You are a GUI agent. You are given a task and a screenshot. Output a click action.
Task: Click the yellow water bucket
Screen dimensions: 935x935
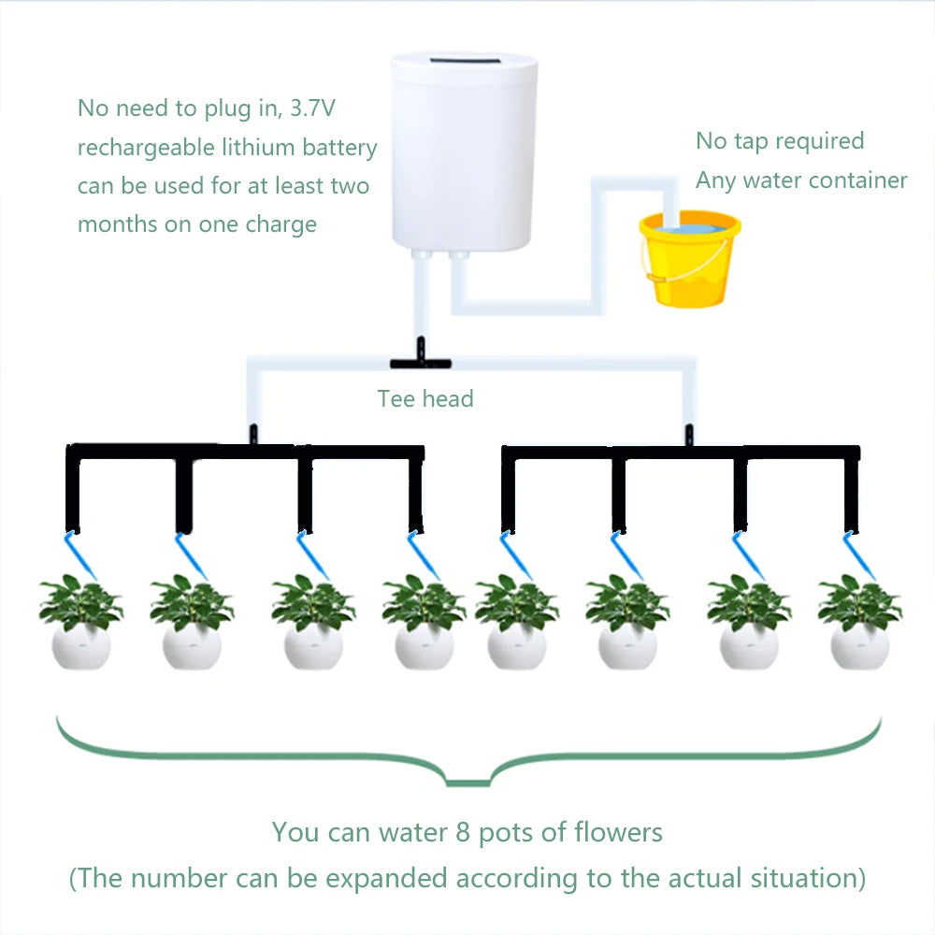pyautogui.click(x=689, y=263)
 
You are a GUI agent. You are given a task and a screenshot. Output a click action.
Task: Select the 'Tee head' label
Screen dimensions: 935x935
pyautogui.click(x=425, y=399)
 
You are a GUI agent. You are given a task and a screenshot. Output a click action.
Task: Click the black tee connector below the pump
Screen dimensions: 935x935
pyautogui.click(x=420, y=360)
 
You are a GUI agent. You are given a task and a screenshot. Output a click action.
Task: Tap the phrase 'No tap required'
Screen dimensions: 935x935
pyautogui.click(x=780, y=141)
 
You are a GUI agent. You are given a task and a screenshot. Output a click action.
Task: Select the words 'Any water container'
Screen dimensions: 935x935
pyautogui.click(x=801, y=180)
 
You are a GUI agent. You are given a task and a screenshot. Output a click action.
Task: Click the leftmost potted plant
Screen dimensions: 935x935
pyautogui.click(x=80, y=625)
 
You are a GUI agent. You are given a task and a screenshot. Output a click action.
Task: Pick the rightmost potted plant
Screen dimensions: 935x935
pyautogui.click(x=859, y=625)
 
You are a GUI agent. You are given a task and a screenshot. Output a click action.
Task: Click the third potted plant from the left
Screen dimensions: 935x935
pyautogui.click(x=312, y=625)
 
